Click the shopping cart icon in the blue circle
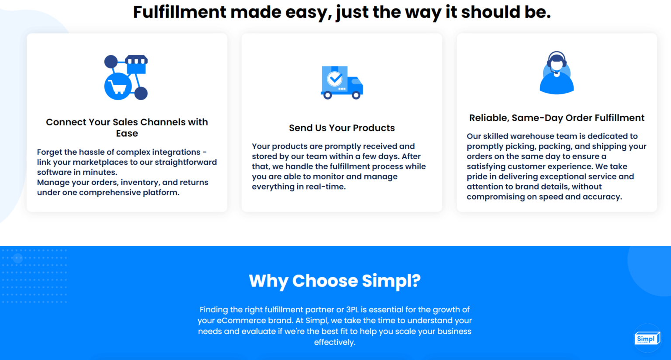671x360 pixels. click(118, 87)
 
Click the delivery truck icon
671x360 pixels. click(342, 82)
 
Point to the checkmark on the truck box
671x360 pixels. click(335, 79)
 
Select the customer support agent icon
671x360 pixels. click(557, 73)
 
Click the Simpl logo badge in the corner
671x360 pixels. click(647, 339)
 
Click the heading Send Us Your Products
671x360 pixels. click(342, 128)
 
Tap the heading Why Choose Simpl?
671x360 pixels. click(335, 281)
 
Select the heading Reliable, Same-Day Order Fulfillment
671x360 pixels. click(557, 118)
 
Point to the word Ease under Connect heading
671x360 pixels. click(127, 134)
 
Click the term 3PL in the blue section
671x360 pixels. click(352, 310)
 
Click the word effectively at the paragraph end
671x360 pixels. click(335, 343)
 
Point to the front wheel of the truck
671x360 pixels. click(356, 95)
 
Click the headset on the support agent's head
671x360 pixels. click(557, 57)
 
